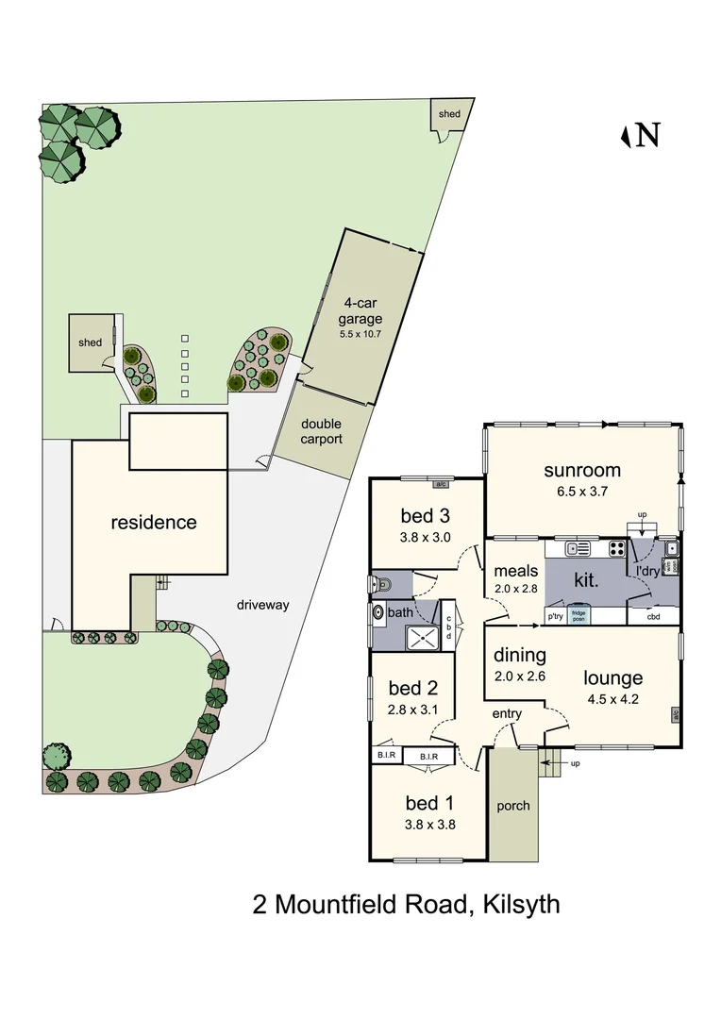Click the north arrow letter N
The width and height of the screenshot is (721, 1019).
647,136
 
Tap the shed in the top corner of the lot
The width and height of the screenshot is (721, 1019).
449,115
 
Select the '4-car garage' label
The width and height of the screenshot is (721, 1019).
361,311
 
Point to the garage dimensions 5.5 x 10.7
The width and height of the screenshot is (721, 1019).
361,334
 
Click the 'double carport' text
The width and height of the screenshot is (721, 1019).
321,431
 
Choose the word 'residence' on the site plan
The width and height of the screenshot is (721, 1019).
154,522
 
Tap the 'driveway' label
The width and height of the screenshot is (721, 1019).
263,604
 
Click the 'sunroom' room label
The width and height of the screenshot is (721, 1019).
582,470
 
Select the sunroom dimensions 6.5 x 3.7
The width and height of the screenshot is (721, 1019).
582,492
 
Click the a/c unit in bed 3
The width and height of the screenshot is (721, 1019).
440,485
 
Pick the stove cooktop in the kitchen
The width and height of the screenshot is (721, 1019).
616,548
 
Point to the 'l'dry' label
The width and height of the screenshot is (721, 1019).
646,572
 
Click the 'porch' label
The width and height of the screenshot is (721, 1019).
513,806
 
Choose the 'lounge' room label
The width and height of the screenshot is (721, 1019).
612,677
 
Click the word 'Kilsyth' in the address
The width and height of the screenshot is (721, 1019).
521,905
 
